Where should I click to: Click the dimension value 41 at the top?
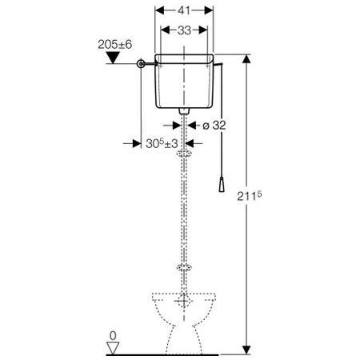point(184,10)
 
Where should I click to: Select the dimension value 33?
point(184,30)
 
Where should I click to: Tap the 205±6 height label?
point(115,45)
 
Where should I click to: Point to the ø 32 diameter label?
point(214,126)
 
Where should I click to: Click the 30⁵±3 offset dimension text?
point(162,144)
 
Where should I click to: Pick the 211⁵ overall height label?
point(250,196)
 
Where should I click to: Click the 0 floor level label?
point(113,336)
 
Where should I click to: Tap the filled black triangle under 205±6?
point(113,58)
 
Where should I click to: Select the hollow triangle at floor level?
point(113,348)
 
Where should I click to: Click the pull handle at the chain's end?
point(222,183)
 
